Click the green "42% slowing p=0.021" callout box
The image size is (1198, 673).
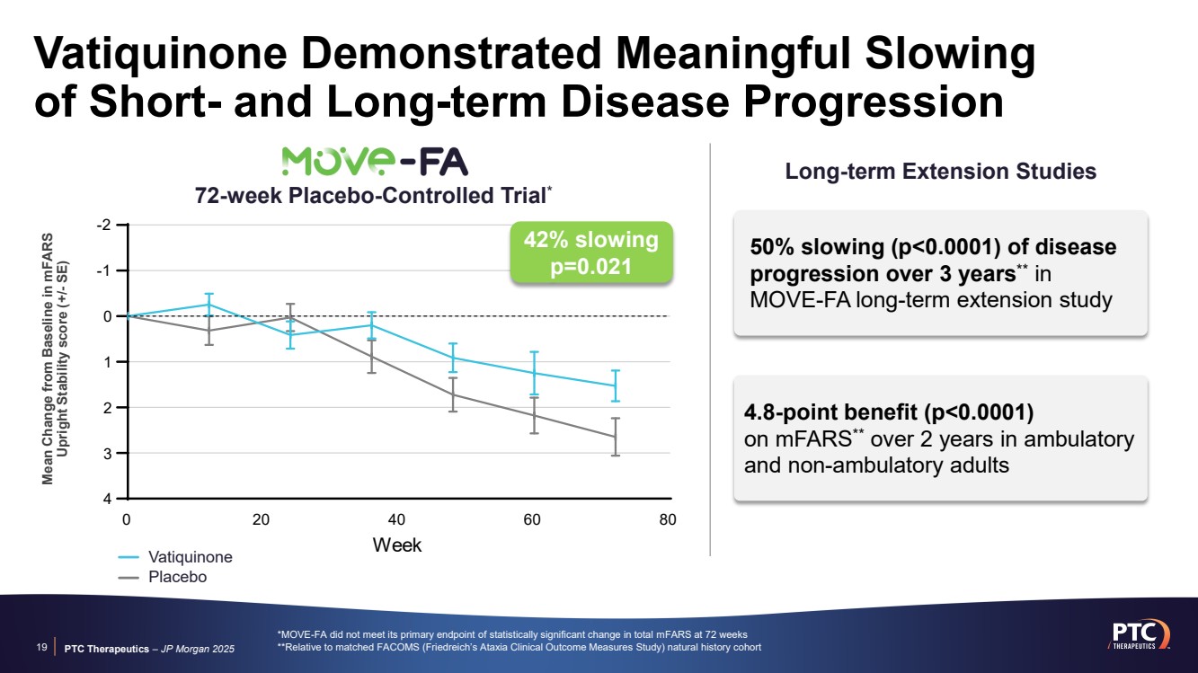(x=591, y=252)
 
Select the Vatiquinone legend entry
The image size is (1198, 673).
(x=175, y=557)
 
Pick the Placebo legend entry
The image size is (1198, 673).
(x=163, y=578)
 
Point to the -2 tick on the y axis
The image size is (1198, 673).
(x=103, y=225)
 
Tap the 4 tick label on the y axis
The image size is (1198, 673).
(x=108, y=499)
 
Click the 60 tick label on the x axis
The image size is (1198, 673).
(x=532, y=519)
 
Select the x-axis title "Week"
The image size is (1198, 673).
(x=397, y=545)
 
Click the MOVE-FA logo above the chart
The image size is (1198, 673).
(x=375, y=162)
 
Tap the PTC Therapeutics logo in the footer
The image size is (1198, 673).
(x=1140, y=635)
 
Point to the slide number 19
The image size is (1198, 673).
(x=41, y=647)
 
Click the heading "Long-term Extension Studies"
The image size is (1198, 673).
(x=941, y=172)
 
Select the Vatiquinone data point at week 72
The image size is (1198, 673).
(x=615, y=385)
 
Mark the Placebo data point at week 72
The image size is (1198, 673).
(x=615, y=437)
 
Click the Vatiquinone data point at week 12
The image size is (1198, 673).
(x=209, y=305)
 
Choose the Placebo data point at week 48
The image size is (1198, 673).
(x=452, y=394)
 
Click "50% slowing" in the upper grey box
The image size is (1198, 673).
(x=817, y=247)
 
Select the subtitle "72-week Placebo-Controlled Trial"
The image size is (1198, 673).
(x=370, y=196)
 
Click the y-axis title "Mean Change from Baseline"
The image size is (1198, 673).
(x=47, y=359)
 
